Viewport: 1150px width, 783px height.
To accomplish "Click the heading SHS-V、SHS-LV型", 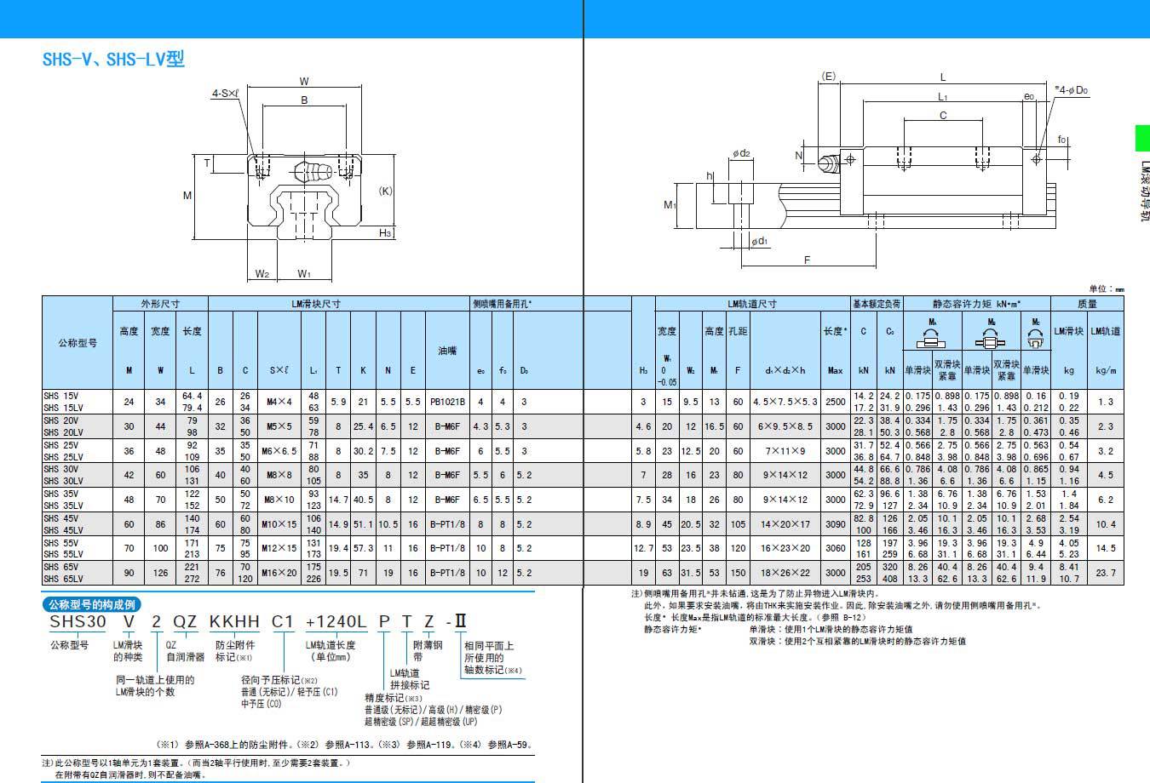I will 113,60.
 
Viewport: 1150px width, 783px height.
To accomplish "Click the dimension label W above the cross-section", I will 304,82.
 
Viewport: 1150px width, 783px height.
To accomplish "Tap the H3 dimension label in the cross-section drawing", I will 385,233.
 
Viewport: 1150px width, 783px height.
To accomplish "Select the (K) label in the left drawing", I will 385,191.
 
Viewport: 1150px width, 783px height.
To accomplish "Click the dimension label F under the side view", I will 807,260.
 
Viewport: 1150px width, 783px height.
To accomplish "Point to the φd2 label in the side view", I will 740,153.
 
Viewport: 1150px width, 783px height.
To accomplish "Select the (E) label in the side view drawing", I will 828,77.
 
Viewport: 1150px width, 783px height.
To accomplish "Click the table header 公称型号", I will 78,343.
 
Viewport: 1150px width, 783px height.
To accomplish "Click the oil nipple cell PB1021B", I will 447,401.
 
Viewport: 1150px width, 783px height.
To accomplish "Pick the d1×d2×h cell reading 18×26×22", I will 785,573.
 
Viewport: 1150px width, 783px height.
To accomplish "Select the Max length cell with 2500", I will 835,401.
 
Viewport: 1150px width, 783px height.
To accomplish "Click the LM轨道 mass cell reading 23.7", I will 1105,573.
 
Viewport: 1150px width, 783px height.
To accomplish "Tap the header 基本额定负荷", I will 877,304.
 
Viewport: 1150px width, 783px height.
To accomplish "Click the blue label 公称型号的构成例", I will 90,604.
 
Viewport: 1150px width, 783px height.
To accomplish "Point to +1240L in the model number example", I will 336,622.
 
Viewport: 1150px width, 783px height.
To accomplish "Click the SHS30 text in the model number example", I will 78,622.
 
